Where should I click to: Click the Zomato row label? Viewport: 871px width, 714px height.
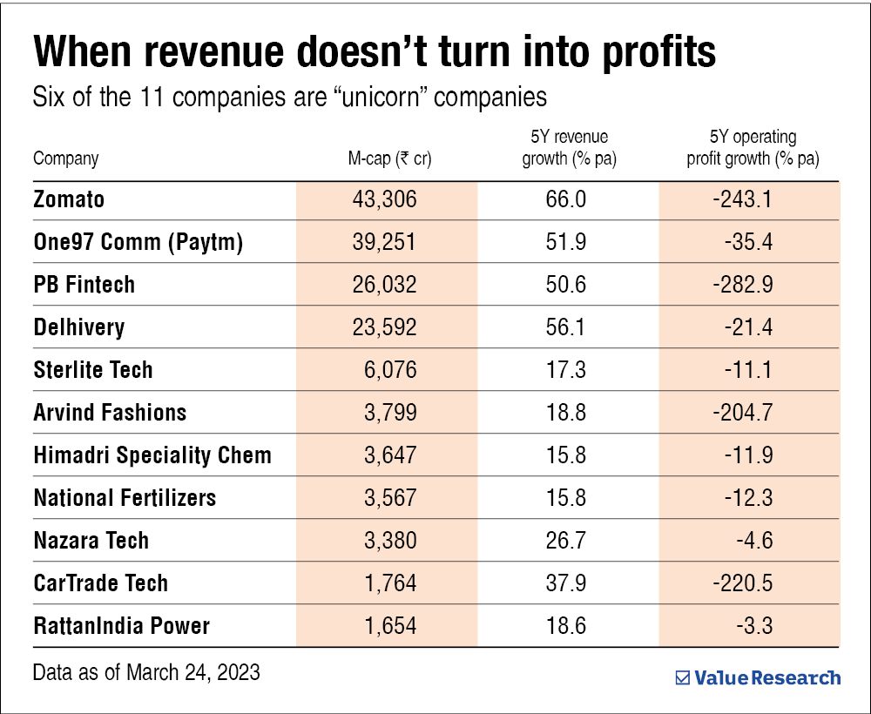[69, 199]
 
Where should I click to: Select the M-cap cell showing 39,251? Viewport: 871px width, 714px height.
[386, 242]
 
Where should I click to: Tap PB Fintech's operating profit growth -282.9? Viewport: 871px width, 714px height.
[741, 285]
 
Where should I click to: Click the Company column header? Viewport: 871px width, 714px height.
[65, 158]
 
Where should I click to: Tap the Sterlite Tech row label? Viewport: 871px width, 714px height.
[93, 370]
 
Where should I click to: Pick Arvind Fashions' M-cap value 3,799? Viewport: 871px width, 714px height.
[389, 413]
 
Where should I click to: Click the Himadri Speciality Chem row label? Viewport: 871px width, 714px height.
[152, 455]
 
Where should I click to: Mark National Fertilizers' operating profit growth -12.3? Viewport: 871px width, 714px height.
[745, 498]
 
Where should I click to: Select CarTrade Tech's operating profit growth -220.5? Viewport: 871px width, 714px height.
[741, 583]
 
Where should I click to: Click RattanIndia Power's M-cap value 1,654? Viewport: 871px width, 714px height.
[389, 626]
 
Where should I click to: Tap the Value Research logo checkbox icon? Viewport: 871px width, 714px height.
[683, 677]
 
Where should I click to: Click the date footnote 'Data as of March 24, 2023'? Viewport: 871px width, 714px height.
[145, 673]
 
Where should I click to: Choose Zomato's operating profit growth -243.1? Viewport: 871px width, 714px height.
[741, 199]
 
